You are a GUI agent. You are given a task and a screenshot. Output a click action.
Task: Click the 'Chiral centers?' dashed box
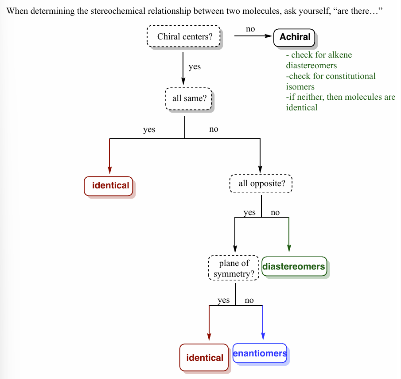click(184, 36)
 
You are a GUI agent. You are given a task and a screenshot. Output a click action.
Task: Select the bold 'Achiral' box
click(295, 37)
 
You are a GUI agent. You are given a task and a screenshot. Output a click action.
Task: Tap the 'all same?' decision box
click(189, 98)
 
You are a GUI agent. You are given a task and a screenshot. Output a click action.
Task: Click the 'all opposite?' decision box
click(261, 184)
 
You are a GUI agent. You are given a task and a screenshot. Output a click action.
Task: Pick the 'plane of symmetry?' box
click(234, 269)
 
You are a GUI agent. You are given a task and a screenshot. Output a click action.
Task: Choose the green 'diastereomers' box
click(294, 266)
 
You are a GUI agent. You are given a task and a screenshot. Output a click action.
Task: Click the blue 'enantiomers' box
click(260, 353)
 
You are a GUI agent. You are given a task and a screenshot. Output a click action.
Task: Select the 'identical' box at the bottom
click(204, 357)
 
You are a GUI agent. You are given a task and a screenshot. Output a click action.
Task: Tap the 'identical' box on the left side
click(110, 185)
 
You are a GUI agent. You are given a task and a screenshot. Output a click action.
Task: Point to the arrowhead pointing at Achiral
click(269, 36)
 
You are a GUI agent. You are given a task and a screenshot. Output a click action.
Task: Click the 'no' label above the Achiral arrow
click(250, 29)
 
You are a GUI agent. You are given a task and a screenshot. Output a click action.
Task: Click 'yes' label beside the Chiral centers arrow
click(195, 66)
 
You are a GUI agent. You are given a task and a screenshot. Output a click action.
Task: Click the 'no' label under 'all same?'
click(214, 129)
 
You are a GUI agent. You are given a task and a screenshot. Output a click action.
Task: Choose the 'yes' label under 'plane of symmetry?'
click(224, 300)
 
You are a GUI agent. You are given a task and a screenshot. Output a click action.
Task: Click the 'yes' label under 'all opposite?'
click(249, 212)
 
